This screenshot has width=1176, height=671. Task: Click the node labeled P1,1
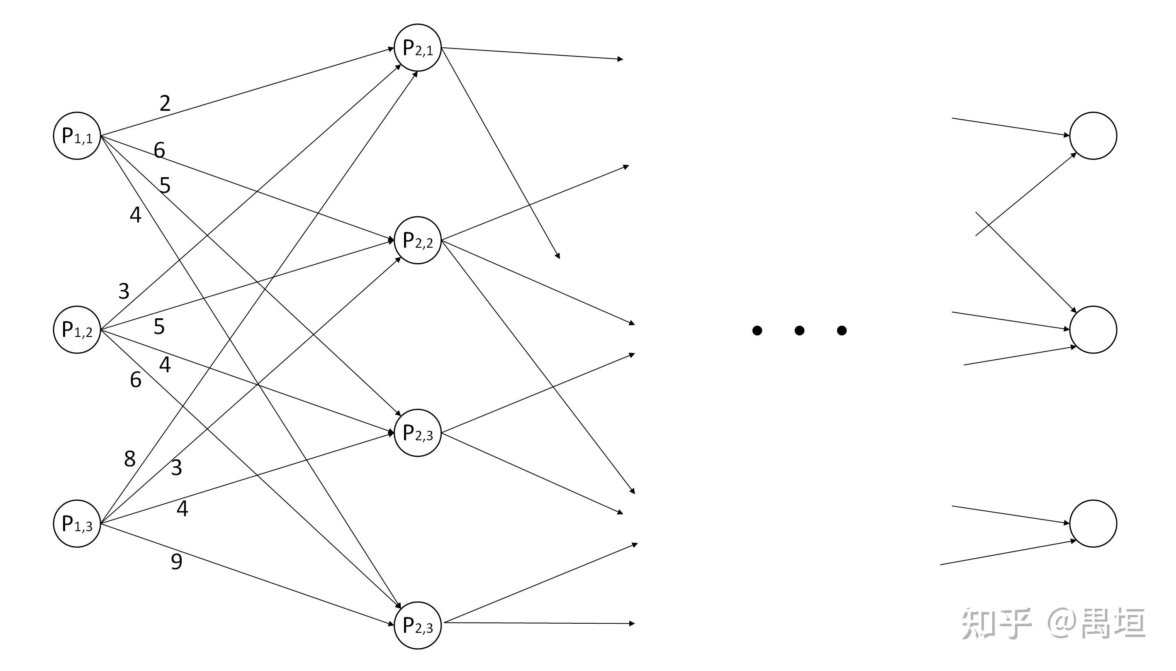pyautogui.click(x=77, y=136)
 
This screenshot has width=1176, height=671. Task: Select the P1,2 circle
pyautogui.click(x=77, y=329)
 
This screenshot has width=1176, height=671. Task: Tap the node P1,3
pyautogui.click(x=77, y=524)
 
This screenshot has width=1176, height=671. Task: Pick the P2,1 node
pyautogui.click(x=417, y=47)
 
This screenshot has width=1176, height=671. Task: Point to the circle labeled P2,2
pyautogui.click(x=417, y=240)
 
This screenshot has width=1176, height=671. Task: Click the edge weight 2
pyautogui.click(x=165, y=103)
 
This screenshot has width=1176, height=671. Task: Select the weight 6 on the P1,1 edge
pyautogui.click(x=159, y=150)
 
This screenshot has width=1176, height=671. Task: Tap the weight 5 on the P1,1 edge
pyautogui.click(x=165, y=185)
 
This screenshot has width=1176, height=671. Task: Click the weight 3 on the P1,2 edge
pyautogui.click(x=124, y=291)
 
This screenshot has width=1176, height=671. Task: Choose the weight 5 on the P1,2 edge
pyautogui.click(x=159, y=327)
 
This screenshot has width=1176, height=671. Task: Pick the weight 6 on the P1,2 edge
pyautogui.click(x=135, y=380)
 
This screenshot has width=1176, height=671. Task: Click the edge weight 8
pyautogui.click(x=130, y=459)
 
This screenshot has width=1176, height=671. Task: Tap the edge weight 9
pyautogui.click(x=176, y=562)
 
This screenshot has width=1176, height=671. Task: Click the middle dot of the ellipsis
pyautogui.click(x=799, y=330)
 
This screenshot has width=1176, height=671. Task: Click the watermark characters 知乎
pyautogui.click(x=995, y=623)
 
